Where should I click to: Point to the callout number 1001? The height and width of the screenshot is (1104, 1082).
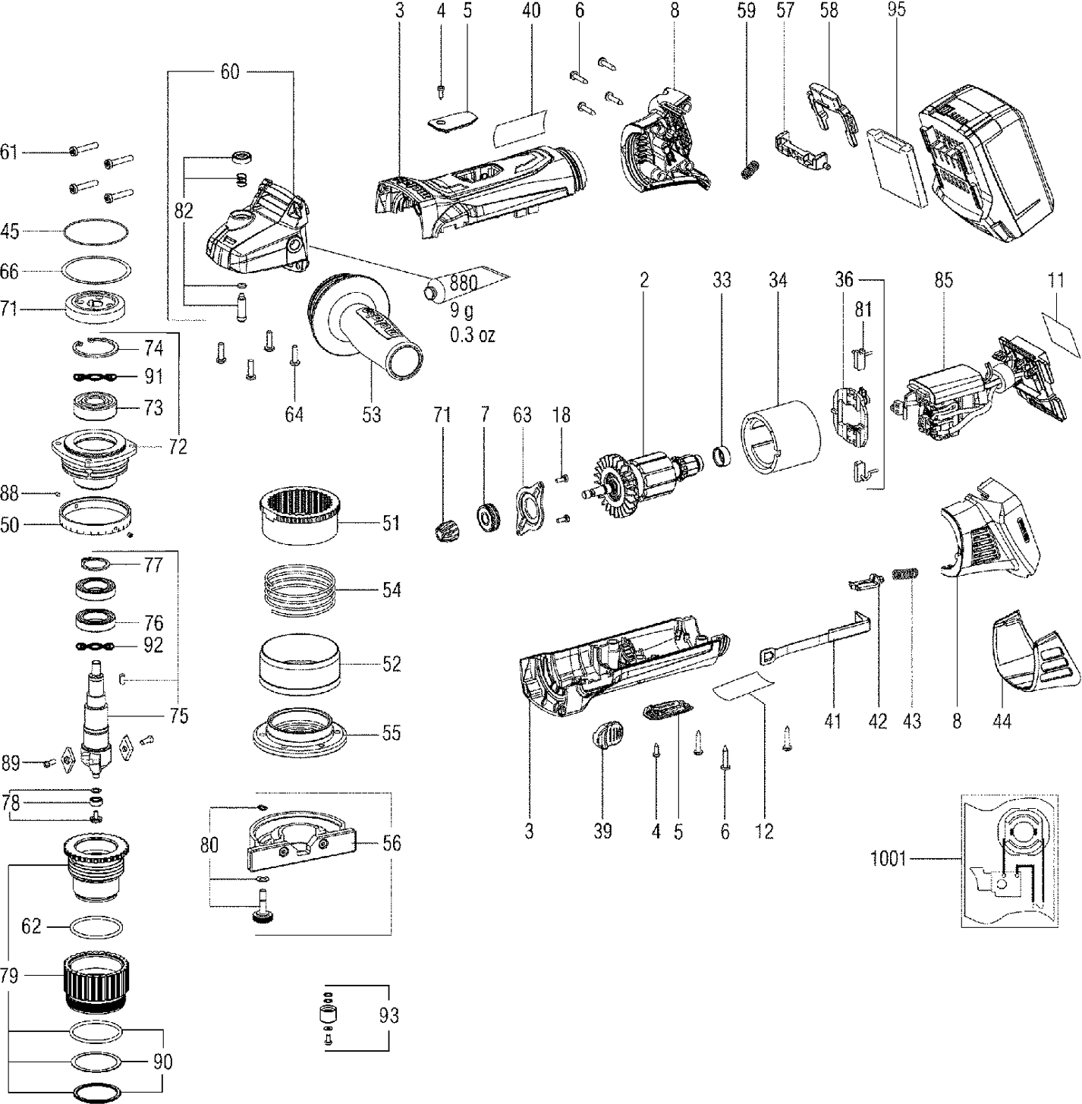click(x=888, y=860)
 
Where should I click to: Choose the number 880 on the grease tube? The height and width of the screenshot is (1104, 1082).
click(x=462, y=284)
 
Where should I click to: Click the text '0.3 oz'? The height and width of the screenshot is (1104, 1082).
click(x=472, y=335)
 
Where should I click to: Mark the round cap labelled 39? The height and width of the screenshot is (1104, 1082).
click(x=607, y=736)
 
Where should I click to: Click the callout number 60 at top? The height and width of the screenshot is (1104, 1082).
click(x=229, y=72)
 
